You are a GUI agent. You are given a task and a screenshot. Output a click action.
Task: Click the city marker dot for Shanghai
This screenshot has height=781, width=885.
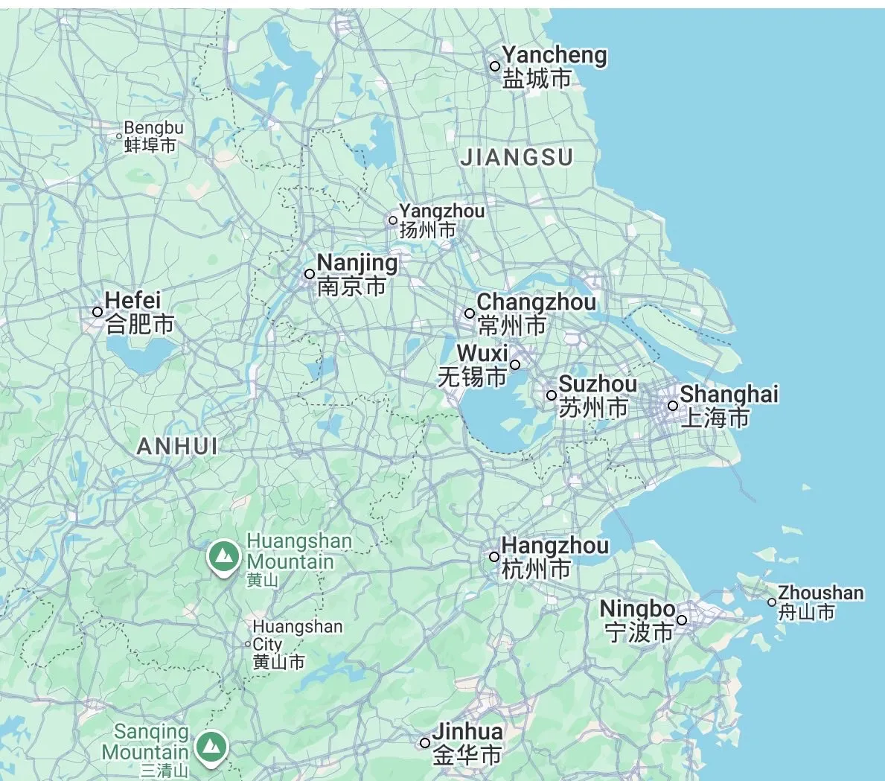pyautogui.click(x=672, y=406)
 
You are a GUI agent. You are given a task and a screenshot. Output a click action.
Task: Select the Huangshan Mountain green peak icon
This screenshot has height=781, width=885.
pyautogui.click(x=222, y=555)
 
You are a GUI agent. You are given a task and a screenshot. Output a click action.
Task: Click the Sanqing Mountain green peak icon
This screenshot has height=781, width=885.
pyautogui.click(x=211, y=745)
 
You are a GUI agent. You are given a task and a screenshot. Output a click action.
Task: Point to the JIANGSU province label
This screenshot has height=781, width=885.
pyautogui.click(x=517, y=158)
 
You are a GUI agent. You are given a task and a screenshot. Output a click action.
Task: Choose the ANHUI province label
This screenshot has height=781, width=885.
pyautogui.click(x=177, y=446)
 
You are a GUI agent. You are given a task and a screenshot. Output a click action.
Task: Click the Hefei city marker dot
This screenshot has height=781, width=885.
pyautogui.click(x=98, y=312)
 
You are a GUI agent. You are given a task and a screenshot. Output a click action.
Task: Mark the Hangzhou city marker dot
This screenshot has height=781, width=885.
pyautogui.click(x=494, y=557)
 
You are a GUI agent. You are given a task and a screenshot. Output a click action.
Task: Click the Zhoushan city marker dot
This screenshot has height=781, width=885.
pyautogui.click(x=772, y=602)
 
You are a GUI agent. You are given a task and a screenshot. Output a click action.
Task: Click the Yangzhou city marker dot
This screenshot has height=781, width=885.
pyautogui.click(x=393, y=220)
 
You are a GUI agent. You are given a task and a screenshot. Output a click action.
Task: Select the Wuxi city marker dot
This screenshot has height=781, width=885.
pyautogui.click(x=514, y=365)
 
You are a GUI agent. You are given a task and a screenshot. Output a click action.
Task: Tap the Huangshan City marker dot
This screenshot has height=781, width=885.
pyautogui.click(x=249, y=644)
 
